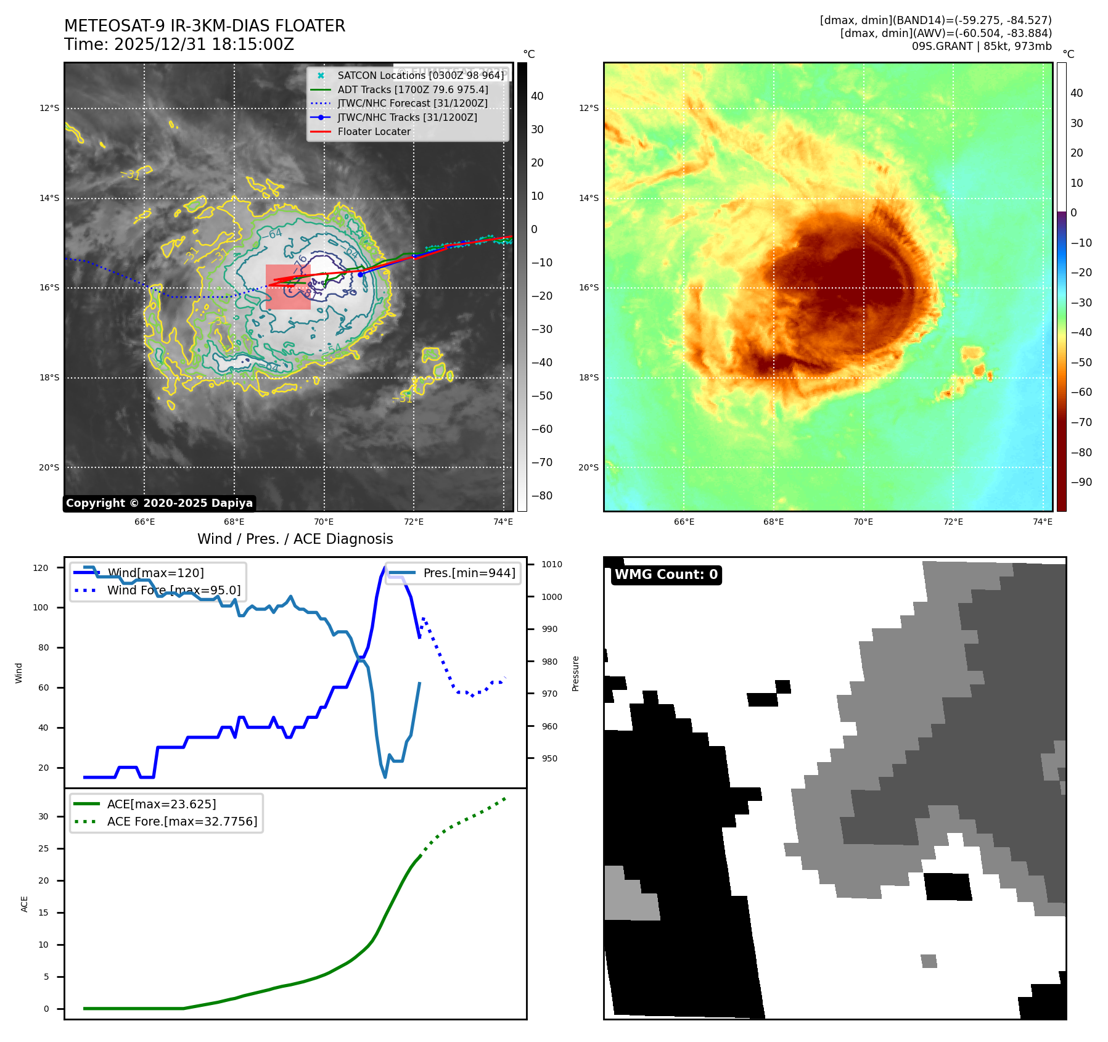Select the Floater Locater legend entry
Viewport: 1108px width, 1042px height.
tap(374, 131)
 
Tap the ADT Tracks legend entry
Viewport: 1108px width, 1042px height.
tap(412, 89)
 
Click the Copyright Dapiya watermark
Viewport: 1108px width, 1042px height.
tap(159, 503)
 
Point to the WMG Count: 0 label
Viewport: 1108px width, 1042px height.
tap(666, 575)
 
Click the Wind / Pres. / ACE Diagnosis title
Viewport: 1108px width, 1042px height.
tap(295, 539)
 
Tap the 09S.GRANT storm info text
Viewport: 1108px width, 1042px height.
tap(982, 46)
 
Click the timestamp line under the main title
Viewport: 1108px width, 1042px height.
tap(179, 44)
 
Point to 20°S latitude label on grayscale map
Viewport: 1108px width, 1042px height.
tap(49, 467)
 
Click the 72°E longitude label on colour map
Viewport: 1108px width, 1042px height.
tap(953, 522)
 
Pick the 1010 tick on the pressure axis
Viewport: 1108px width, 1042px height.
tap(551, 564)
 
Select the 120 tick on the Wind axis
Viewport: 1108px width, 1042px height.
tap(41, 568)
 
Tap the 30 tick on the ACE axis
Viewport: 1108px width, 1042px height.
tap(43, 816)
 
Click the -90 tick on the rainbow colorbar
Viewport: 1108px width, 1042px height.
tap(1081, 482)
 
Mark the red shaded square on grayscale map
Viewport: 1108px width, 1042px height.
tap(288, 287)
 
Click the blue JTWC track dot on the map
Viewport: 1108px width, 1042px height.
tap(360, 274)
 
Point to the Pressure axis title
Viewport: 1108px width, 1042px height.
tap(575, 673)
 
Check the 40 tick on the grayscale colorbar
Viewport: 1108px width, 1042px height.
tap(537, 96)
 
